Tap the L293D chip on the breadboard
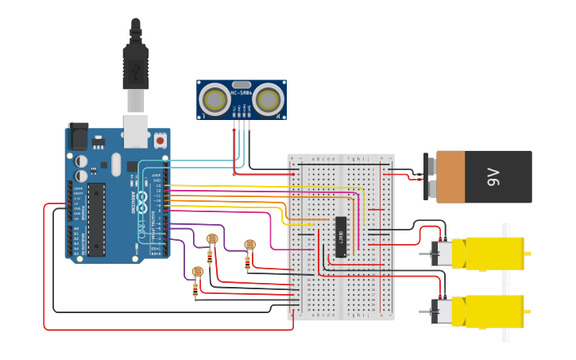(x=341, y=237)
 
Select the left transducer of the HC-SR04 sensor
(x=215, y=99)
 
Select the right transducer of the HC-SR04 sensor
(x=268, y=99)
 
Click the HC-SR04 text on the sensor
(x=242, y=93)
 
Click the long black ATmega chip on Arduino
(x=96, y=219)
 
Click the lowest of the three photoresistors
(x=198, y=273)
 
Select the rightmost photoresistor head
(x=249, y=245)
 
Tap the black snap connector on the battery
(x=429, y=177)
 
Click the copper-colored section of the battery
(x=450, y=177)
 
